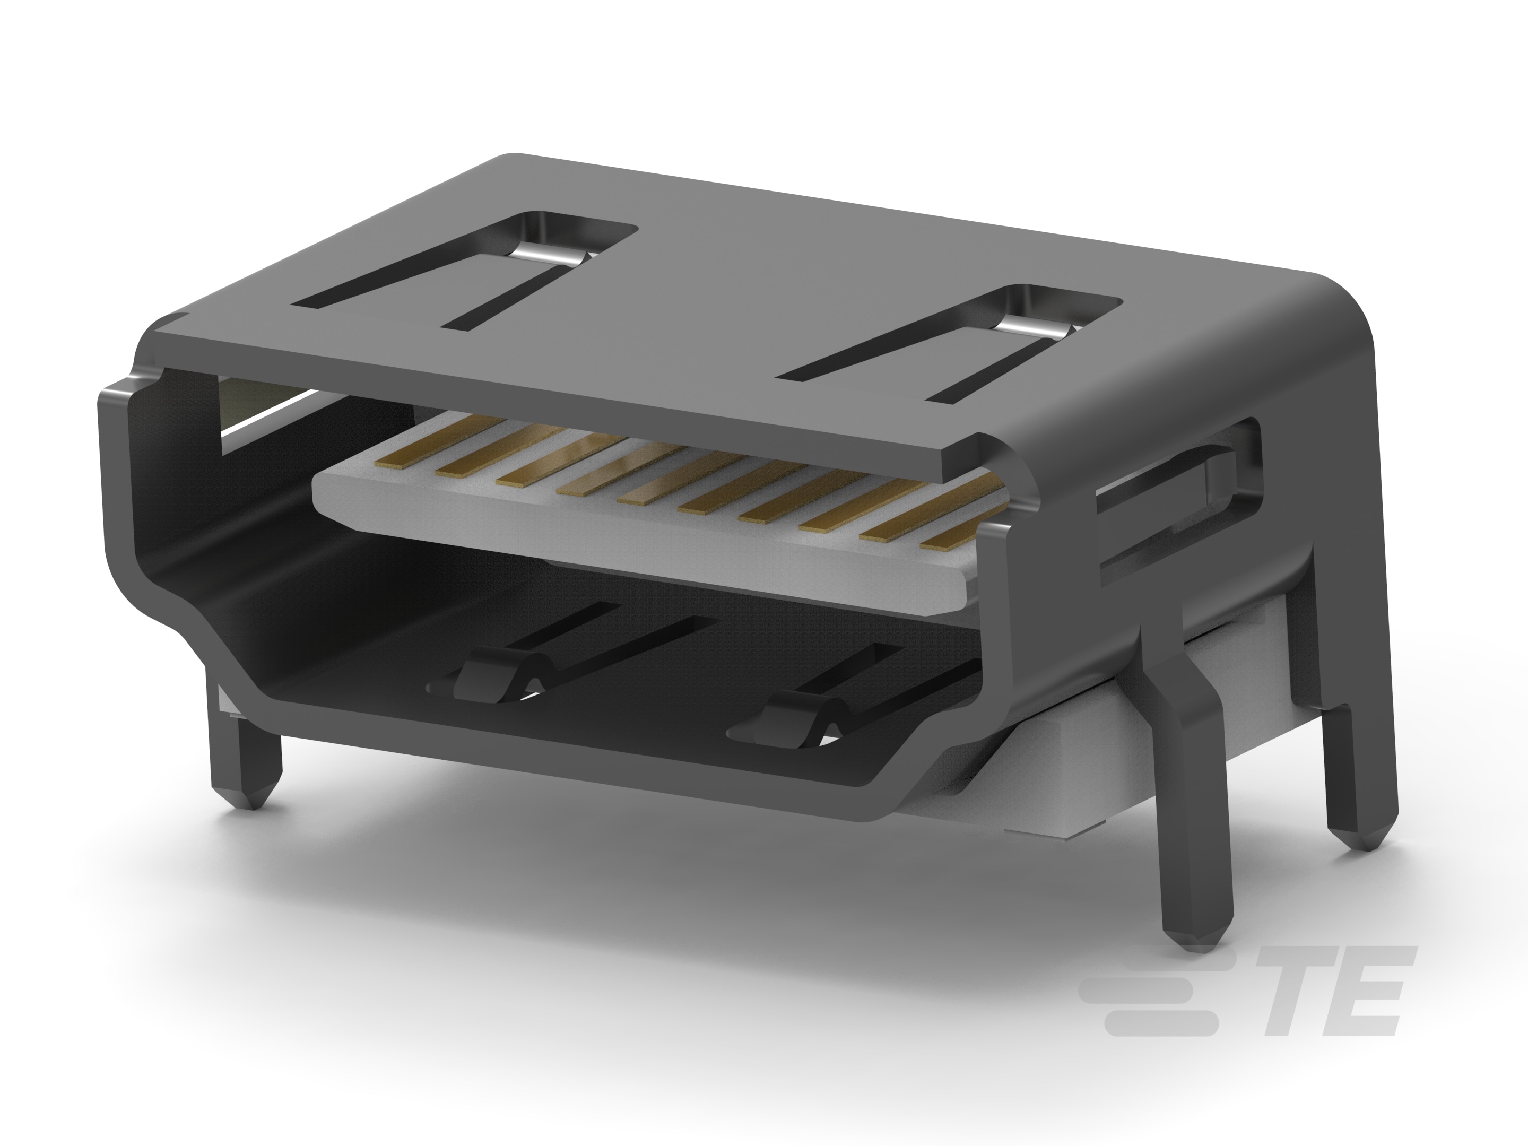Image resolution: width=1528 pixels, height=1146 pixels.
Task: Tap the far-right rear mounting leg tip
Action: [1364, 856]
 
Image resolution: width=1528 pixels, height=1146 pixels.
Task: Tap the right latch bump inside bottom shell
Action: [794, 725]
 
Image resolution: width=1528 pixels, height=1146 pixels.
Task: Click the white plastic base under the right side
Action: [1050, 787]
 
